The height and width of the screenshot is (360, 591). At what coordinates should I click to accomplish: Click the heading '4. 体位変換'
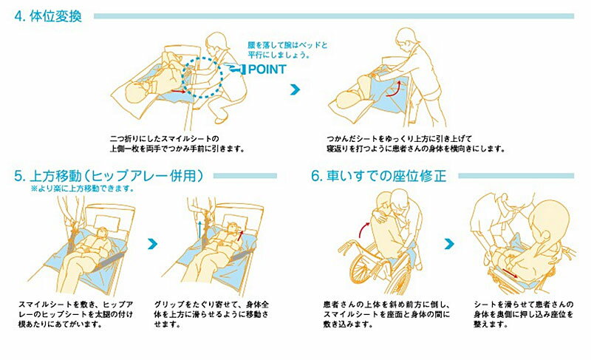[48, 16]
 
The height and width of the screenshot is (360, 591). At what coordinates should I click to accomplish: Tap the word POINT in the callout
[267, 69]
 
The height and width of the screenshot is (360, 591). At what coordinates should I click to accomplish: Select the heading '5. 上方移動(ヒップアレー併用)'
[109, 176]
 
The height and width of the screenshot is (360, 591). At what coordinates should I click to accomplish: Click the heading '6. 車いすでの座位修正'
[379, 176]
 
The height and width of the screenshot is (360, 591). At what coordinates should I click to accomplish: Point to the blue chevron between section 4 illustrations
[295, 89]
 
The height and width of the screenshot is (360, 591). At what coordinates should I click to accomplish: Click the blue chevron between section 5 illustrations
[152, 244]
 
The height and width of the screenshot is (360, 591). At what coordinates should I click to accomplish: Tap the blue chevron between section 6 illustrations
[449, 244]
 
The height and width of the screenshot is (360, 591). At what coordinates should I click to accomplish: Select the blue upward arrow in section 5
[199, 229]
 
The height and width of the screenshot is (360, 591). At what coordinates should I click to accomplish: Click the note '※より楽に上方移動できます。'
[83, 189]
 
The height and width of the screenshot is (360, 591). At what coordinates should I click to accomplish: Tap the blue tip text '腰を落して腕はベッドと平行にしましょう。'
[287, 50]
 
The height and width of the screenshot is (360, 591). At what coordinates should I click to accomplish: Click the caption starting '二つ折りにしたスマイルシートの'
[177, 143]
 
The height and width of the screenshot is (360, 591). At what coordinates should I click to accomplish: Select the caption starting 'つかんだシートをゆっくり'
[416, 143]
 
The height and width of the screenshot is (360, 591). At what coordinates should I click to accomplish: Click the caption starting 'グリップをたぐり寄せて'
[211, 314]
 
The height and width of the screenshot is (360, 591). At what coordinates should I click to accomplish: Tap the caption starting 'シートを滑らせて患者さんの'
[524, 314]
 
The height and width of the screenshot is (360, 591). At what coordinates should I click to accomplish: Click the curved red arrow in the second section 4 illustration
[393, 89]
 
